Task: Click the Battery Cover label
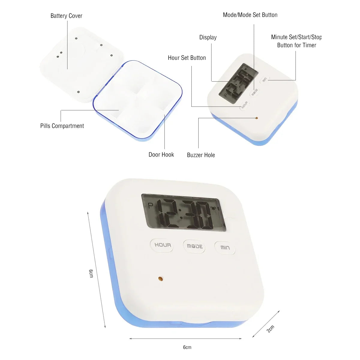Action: coord(66,16)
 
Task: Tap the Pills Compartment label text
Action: coord(62,126)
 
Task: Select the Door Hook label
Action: coord(161,155)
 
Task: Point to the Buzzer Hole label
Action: coord(201,155)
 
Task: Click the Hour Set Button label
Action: coord(187,58)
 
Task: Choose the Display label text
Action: coord(208,37)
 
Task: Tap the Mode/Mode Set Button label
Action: coord(250,15)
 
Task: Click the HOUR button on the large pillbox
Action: coord(162,245)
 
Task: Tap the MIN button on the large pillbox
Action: coord(225,247)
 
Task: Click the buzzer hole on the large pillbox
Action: coord(160,279)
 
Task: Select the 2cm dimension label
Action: coord(270,329)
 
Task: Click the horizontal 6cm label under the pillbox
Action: coord(187,347)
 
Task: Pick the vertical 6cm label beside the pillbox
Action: coord(91,273)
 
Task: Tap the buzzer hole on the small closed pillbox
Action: coord(256,118)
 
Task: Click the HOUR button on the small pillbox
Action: coord(244,104)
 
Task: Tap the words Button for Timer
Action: coord(296,45)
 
